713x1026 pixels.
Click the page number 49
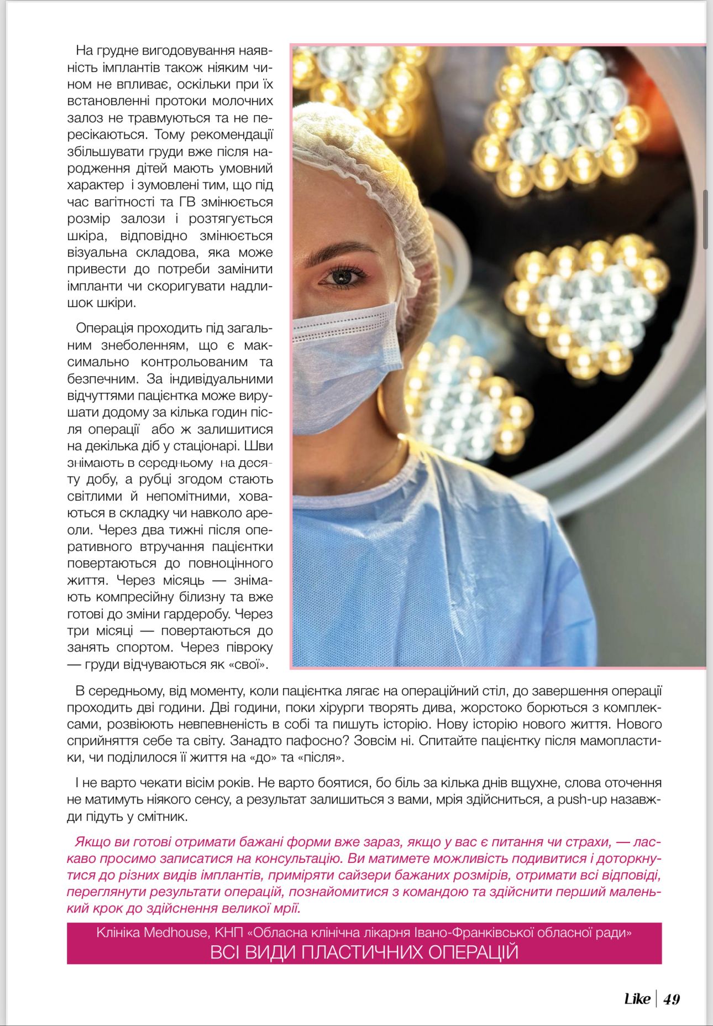[672, 999]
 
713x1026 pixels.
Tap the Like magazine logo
[637, 999]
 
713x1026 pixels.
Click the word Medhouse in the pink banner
[177, 933]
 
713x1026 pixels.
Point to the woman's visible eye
[342, 275]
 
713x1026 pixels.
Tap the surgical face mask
[345, 365]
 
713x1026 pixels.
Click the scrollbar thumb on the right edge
[705, 220]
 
